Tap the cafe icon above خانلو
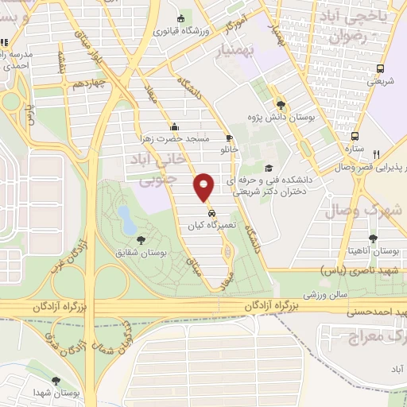(x=229, y=136)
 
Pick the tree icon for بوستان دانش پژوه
(x=281, y=104)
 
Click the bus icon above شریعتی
(x=380, y=68)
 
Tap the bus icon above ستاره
(x=355, y=136)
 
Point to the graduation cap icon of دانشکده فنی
(x=269, y=168)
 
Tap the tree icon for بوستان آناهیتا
(x=373, y=238)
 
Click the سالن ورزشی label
(x=320, y=295)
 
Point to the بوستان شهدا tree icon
(x=56, y=382)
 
